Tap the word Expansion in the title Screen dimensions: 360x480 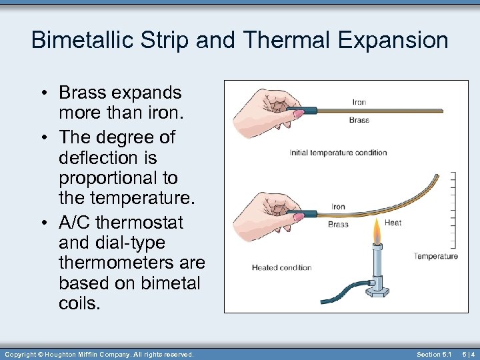coord(393,40)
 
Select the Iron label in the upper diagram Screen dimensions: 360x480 coord(359,102)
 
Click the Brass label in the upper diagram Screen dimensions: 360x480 coord(359,120)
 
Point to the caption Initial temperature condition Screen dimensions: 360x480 coord(338,153)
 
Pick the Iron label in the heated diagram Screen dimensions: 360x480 coord(339,207)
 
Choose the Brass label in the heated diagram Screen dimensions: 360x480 coord(338,225)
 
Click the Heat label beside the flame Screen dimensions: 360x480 coord(393,223)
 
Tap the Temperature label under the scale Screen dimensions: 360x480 coord(435,256)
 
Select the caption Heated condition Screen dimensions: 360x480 coord(281,267)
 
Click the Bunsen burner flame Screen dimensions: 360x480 coord(377,233)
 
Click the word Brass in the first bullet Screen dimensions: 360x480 coord(83,93)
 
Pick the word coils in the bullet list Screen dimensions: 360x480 coord(79,303)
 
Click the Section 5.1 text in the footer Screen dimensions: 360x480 coord(434,354)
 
